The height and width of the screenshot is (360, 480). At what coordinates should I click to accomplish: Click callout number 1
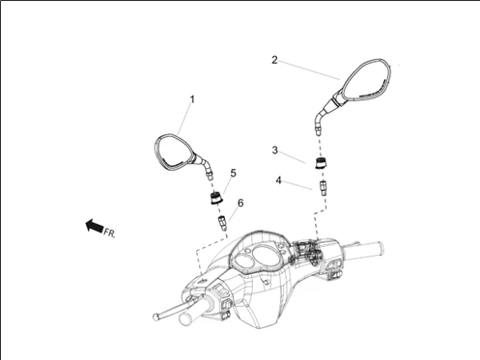point(192,99)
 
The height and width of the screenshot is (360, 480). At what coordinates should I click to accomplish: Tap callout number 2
point(274,60)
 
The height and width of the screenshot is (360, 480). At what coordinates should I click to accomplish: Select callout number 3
point(274,150)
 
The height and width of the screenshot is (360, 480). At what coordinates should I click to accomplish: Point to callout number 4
point(278,180)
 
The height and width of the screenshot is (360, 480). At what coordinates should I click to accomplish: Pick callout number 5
point(233,173)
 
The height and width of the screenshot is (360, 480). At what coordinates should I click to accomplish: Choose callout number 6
point(240,203)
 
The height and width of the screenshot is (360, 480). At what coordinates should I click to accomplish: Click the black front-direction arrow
point(95,225)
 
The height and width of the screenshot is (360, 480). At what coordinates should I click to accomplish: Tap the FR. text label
point(109,233)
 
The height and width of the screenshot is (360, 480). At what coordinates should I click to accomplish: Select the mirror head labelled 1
point(175,152)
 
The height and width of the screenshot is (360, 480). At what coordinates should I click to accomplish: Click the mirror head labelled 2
point(365,79)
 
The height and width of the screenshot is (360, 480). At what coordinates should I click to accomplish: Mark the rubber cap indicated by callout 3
point(321,163)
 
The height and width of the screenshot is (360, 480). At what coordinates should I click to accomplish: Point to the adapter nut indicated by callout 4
point(323,188)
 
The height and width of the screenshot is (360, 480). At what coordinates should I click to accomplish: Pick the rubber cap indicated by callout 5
point(216,198)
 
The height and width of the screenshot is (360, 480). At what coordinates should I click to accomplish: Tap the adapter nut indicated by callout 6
point(222,223)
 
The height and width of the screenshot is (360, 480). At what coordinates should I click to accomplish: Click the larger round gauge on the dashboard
point(267,253)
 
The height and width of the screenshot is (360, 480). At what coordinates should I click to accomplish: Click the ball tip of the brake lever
point(155,317)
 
